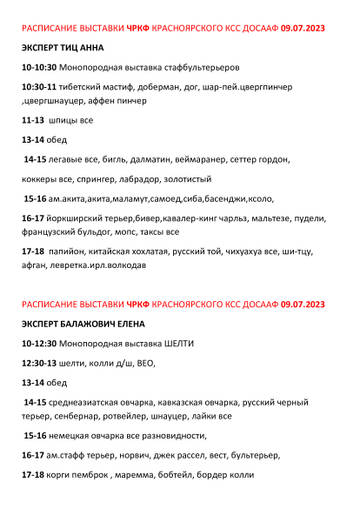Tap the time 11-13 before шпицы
pos(33,120)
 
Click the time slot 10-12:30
pos(40,343)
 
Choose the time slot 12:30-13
pos(39,363)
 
